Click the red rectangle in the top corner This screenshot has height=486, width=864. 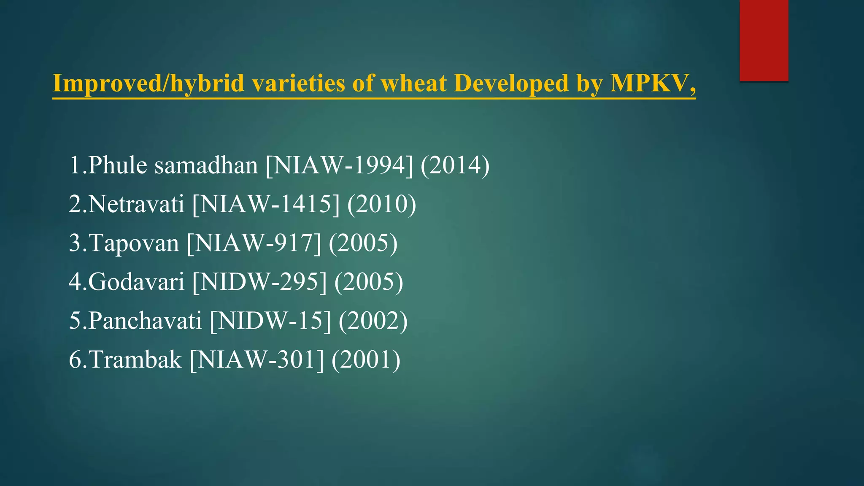coord(764,40)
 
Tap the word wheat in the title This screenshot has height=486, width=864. coord(413,83)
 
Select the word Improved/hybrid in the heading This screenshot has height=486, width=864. coord(148,83)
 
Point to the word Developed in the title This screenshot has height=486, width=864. coord(511,83)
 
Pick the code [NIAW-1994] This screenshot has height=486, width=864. coord(339,165)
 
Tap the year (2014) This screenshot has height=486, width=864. coord(455,165)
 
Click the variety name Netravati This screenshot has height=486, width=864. coord(136,204)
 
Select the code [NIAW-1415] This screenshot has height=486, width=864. coord(266,204)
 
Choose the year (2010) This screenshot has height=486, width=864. coord(382,204)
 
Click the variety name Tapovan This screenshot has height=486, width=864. coord(134,243)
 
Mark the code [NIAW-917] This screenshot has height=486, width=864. coord(254,243)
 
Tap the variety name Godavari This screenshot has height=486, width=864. coord(136,282)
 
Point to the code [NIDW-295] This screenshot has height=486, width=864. coord(259,282)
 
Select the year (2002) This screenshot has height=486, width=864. coord(373,321)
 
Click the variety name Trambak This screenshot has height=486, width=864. coord(135,360)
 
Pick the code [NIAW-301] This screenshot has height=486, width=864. coord(256,360)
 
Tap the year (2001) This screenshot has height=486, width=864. coord(366,360)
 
